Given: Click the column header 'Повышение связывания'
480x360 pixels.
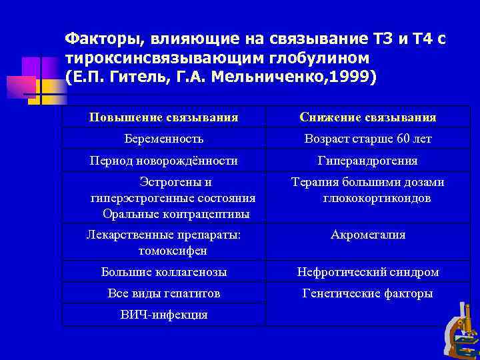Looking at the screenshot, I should pyautogui.click(x=163, y=117).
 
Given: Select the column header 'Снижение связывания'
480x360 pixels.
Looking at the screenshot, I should pyautogui.click(x=368, y=117).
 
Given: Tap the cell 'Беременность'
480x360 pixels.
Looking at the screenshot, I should pyautogui.click(x=164, y=139).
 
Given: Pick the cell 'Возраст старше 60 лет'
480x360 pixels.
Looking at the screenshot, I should pyautogui.click(x=368, y=139).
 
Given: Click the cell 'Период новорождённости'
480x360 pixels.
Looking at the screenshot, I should pyautogui.click(x=164, y=161).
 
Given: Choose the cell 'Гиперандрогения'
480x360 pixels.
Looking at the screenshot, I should pyautogui.click(x=368, y=161).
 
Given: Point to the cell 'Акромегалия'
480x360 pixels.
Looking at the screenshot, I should pyautogui.click(x=368, y=235).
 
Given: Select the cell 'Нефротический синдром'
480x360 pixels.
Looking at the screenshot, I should pyautogui.click(x=368, y=272).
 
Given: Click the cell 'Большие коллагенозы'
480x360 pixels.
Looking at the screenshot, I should pyautogui.click(x=164, y=272).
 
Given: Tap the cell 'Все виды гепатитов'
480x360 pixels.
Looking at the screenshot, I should pyautogui.click(x=164, y=293).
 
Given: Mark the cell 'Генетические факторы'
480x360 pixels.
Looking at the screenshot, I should pyautogui.click(x=368, y=293).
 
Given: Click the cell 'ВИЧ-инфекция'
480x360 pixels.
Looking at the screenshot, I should pyautogui.click(x=164, y=315).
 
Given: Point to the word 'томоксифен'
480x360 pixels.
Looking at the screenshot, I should pyautogui.click(x=173, y=251).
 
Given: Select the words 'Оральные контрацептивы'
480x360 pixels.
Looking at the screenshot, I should pyautogui.click(x=177, y=214).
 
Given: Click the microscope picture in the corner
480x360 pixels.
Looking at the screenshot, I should pyautogui.click(x=460, y=331).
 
